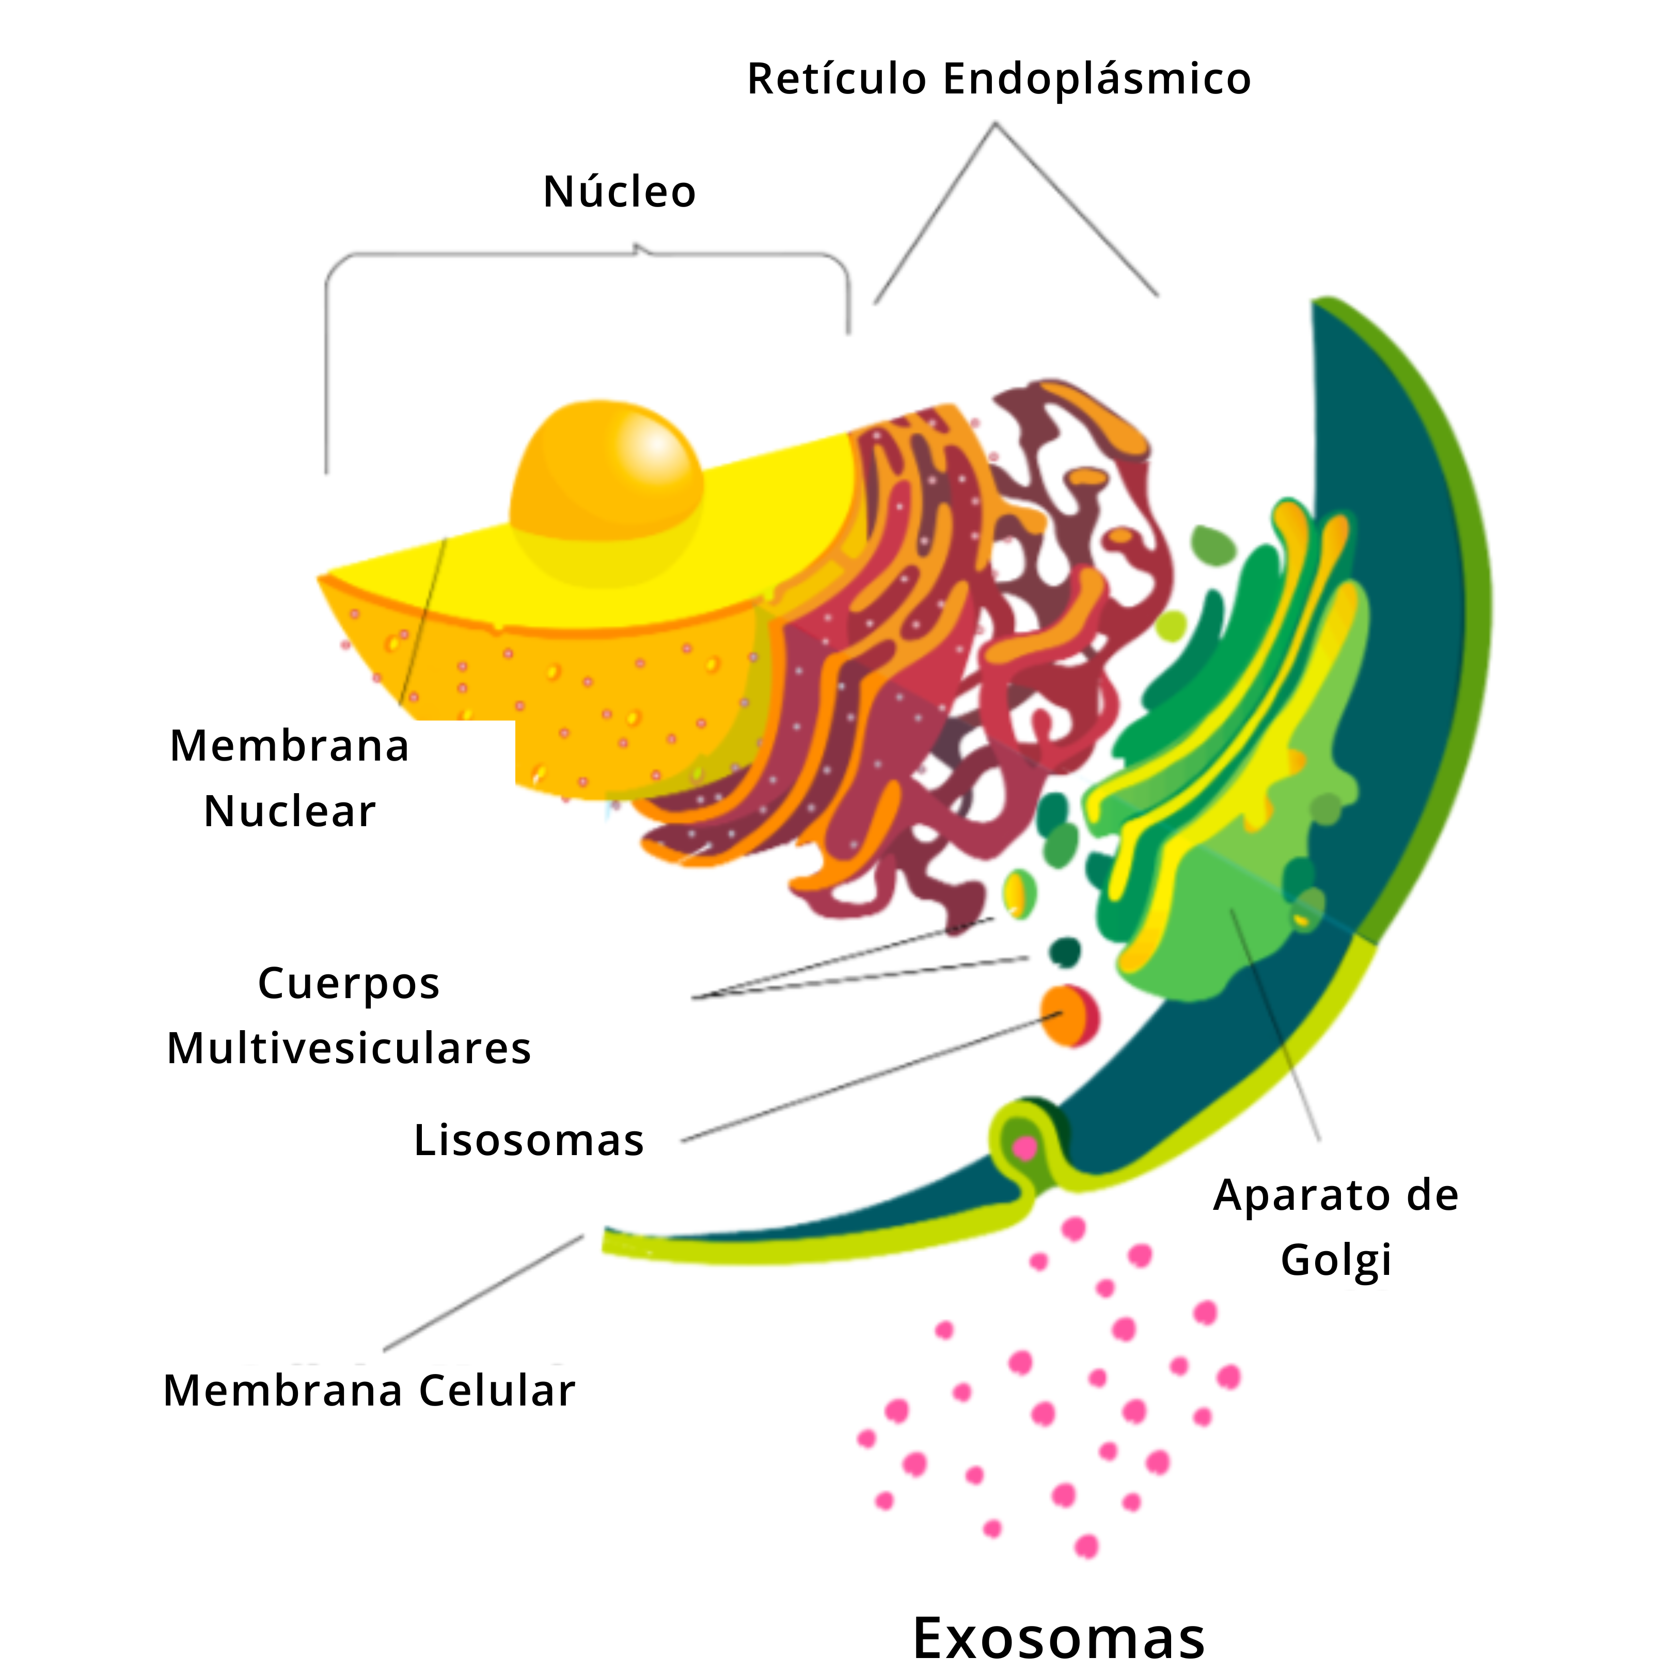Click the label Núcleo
[x=619, y=192]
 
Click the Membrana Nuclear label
[x=289, y=778]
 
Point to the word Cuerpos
[x=349, y=984]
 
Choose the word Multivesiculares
[x=349, y=1049]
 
